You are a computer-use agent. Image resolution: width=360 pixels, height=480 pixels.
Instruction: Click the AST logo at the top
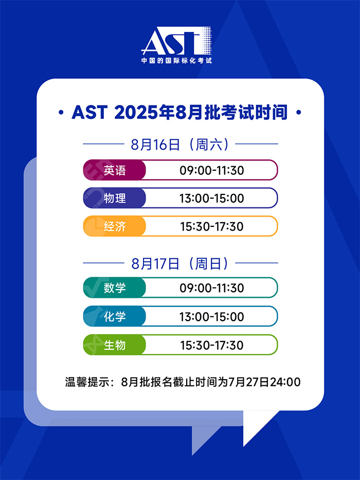pos(176,42)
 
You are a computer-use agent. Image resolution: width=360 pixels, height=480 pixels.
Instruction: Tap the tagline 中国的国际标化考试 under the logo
pos(176,61)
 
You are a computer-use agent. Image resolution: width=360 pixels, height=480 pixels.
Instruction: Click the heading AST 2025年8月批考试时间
pos(179,112)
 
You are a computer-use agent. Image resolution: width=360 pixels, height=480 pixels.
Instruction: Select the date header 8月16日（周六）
pos(180,144)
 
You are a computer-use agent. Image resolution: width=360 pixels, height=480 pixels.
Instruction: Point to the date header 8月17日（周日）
pos(180,263)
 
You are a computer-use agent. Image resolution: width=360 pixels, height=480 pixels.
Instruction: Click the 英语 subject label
pos(115,170)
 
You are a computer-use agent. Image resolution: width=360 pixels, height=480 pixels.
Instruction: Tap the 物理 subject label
pos(115,198)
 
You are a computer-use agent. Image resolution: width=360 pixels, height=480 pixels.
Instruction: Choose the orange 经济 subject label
pos(115,226)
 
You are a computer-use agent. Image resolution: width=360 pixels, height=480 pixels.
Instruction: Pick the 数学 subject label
pos(115,288)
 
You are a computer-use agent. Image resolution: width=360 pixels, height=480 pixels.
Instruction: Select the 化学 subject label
pos(115,316)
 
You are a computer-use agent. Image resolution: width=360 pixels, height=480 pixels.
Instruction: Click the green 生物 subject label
pos(115,345)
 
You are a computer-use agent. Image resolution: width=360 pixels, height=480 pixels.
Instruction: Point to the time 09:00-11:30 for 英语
pos(211,170)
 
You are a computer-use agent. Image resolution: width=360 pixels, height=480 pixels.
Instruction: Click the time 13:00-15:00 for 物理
pos(211,198)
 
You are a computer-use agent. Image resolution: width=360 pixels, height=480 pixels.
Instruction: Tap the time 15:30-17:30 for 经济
pos(211,226)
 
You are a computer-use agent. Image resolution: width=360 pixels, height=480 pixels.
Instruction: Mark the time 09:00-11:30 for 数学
pos(211,288)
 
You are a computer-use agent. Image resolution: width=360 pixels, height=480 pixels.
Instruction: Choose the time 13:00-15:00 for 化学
pos(211,316)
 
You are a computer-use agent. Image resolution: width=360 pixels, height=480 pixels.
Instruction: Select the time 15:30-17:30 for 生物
pos(211,345)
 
